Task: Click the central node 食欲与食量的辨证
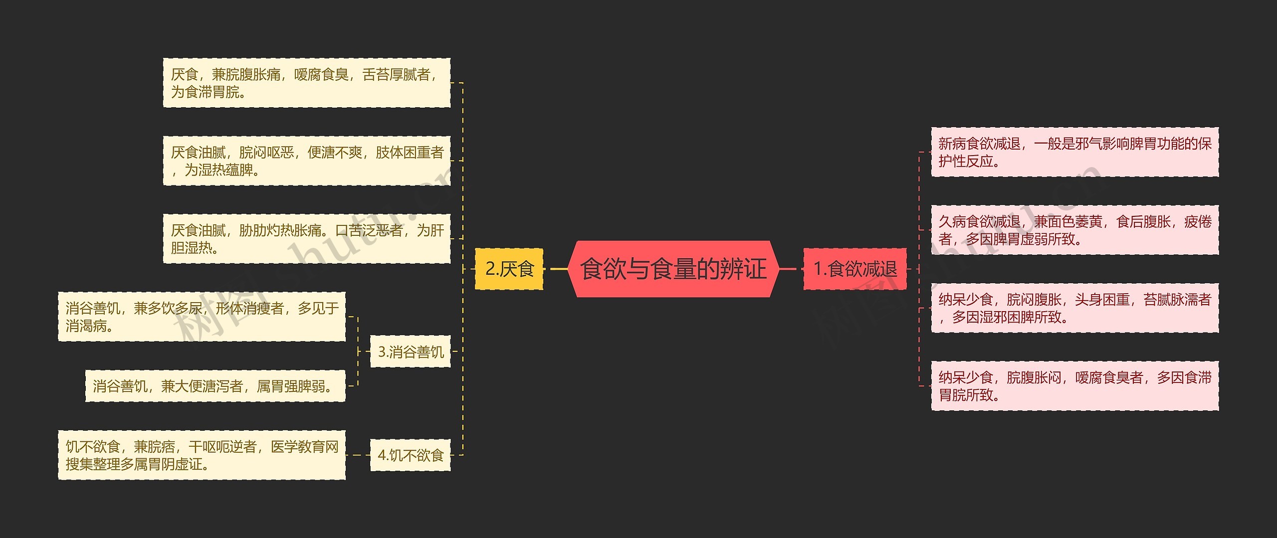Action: click(x=673, y=269)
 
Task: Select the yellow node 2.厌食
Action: click(x=509, y=269)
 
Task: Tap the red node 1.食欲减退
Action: click(x=855, y=269)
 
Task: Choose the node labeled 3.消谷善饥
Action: click(x=410, y=352)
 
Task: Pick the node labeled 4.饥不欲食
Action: click(x=410, y=455)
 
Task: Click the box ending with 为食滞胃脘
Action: click(x=306, y=83)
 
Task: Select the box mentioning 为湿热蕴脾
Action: click(x=306, y=161)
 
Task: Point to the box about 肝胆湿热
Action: click(x=306, y=239)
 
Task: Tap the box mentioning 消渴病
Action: click(x=202, y=317)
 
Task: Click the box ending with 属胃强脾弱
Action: click(x=215, y=386)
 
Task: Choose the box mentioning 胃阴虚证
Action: click(x=202, y=455)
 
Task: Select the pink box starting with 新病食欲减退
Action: click(x=1074, y=152)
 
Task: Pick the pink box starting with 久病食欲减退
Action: click(x=1074, y=230)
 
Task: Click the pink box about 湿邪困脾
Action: click(x=1074, y=308)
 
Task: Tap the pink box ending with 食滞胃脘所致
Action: click(x=1074, y=386)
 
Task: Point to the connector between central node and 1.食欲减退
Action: click(x=788, y=269)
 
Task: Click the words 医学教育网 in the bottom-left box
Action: click(x=305, y=447)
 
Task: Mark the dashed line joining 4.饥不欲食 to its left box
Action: click(x=358, y=455)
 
